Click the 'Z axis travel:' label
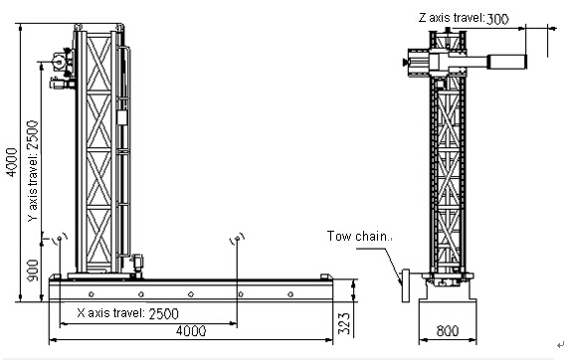[452, 17]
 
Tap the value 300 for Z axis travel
[497, 19]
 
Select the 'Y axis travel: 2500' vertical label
[33, 171]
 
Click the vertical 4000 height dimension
[12, 162]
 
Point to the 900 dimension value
[33, 270]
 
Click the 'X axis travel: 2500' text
[127, 313]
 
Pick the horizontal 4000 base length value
[191, 330]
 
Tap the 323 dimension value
[344, 323]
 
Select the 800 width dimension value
[448, 330]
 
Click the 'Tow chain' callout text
[357, 236]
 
